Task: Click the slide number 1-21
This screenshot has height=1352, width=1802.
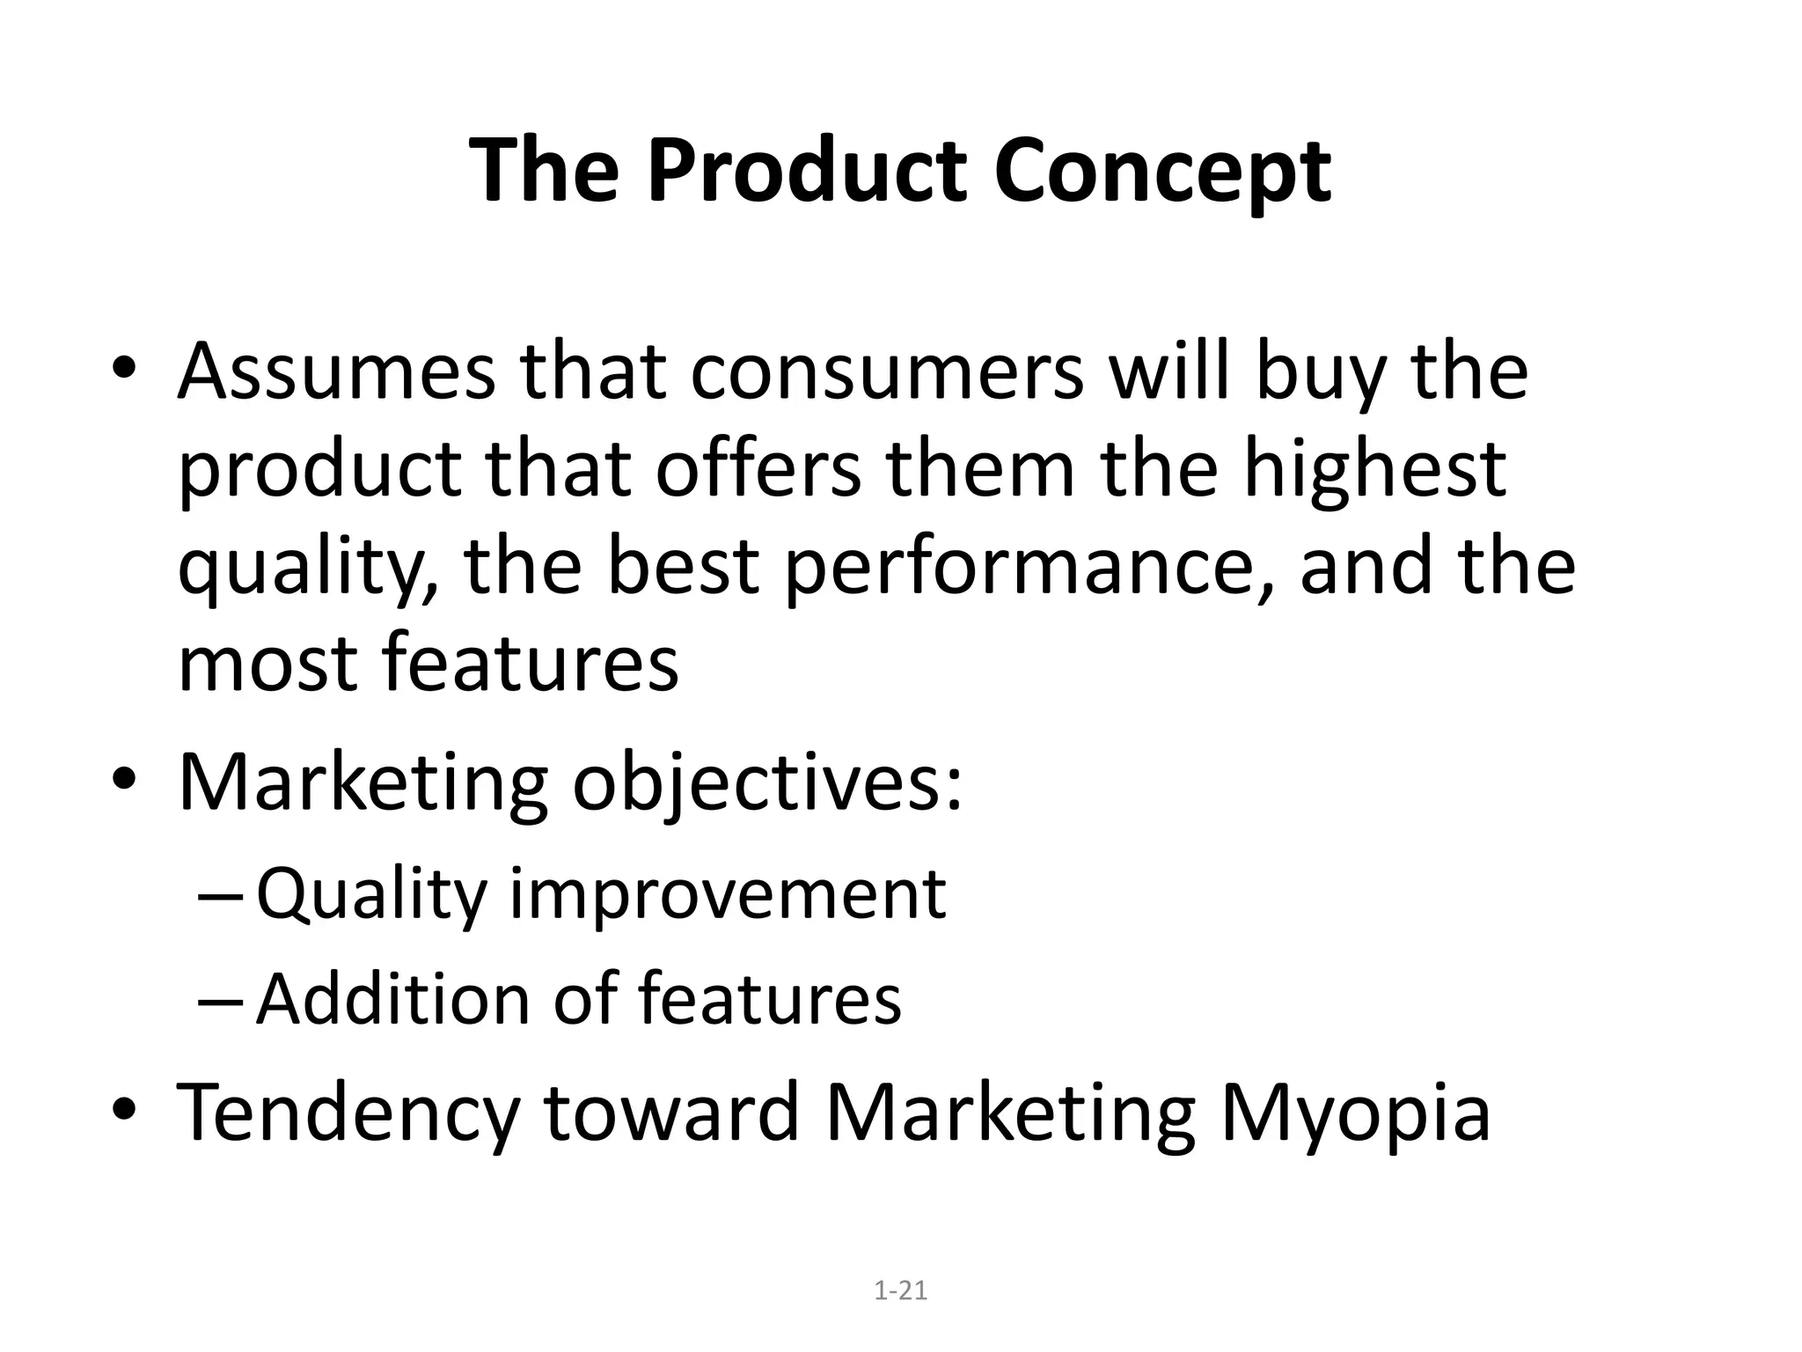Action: [901, 1291]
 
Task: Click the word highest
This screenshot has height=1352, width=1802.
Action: [1374, 471]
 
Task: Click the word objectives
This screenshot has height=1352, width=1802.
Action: [767, 783]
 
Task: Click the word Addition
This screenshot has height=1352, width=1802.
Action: [393, 1000]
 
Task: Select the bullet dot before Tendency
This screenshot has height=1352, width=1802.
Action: [124, 1113]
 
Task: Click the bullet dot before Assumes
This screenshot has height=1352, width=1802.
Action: [124, 372]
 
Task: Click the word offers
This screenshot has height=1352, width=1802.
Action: [758, 471]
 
